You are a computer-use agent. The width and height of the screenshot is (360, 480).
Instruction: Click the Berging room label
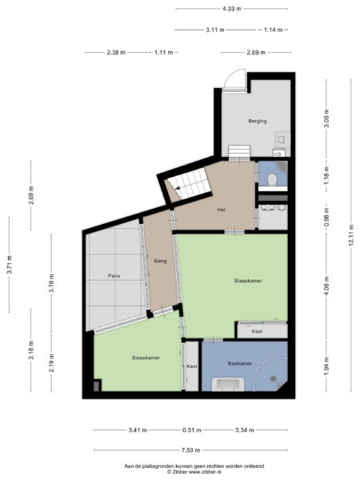coord(257,121)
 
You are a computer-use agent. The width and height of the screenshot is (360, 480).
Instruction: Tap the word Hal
coord(221,210)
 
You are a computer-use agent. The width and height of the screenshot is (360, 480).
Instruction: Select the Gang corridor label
coord(160,261)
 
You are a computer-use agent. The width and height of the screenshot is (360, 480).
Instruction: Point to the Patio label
coord(114,276)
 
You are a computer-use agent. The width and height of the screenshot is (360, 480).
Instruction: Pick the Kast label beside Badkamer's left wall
coord(191,366)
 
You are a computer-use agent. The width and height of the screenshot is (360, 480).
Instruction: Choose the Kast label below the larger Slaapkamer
coord(258,330)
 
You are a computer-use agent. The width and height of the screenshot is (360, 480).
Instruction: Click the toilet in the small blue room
coord(273,178)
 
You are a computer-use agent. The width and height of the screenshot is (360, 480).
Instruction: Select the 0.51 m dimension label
coord(191,430)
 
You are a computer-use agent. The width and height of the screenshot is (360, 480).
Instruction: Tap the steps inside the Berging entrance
coord(239,152)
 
